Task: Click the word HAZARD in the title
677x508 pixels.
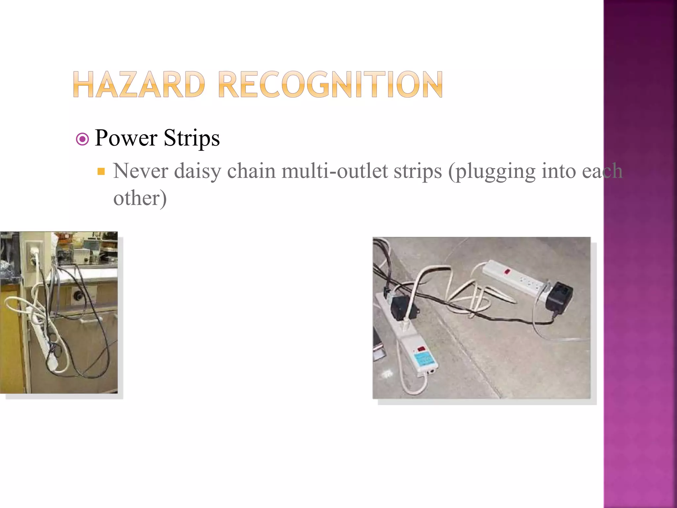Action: (139, 85)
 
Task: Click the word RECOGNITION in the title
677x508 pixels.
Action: (330, 85)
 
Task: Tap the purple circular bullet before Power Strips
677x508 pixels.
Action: (82, 139)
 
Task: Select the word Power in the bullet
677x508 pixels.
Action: (126, 138)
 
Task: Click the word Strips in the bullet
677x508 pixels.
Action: (192, 138)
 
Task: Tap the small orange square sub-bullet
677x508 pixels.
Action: (101, 171)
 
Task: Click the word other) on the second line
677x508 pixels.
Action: (140, 198)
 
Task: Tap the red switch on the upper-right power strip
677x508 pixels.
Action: (506, 272)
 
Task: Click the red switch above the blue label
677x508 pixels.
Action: (421, 348)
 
